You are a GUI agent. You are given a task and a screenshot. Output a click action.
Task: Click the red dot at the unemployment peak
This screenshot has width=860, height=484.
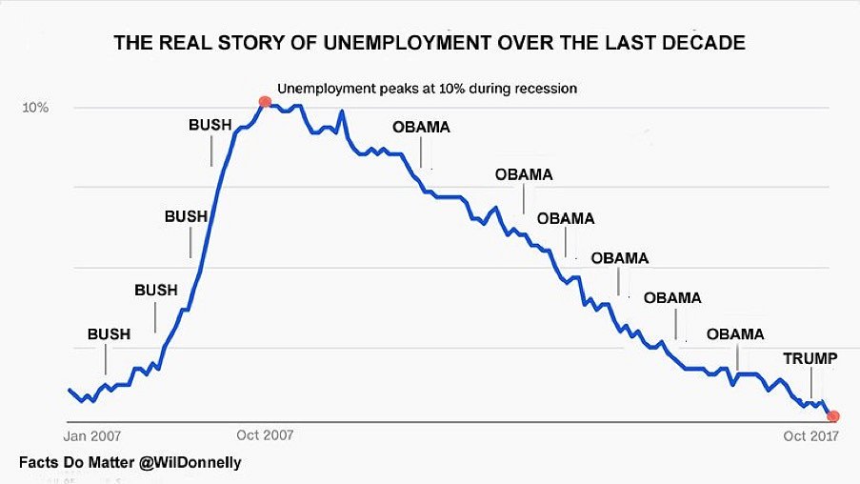(x=265, y=101)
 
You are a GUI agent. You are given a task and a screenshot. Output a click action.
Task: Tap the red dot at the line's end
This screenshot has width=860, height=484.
(x=833, y=415)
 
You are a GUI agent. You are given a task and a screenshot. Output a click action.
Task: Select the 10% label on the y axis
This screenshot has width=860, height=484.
(x=35, y=108)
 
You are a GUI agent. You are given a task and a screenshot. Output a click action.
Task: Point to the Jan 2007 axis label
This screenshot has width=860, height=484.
(x=92, y=436)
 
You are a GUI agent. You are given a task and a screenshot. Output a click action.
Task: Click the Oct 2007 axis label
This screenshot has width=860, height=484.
(x=265, y=436)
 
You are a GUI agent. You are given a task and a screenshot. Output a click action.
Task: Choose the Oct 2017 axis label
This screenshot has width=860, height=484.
(x=810, y=436)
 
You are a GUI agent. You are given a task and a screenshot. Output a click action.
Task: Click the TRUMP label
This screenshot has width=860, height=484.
(x=810, y=359)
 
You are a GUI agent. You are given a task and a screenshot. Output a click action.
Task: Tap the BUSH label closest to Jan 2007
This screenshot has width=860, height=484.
(x=109, y=333)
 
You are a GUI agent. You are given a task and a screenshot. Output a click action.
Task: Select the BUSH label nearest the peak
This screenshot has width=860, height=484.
(x=210, y=124)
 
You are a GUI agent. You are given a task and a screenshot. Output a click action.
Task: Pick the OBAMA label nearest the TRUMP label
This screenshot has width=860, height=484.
(x=735, y=333)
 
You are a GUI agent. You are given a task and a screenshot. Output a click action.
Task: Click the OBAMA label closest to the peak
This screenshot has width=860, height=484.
(x=422, y=127)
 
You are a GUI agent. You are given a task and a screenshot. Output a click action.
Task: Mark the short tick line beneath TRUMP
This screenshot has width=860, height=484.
(x=811, y=385)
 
